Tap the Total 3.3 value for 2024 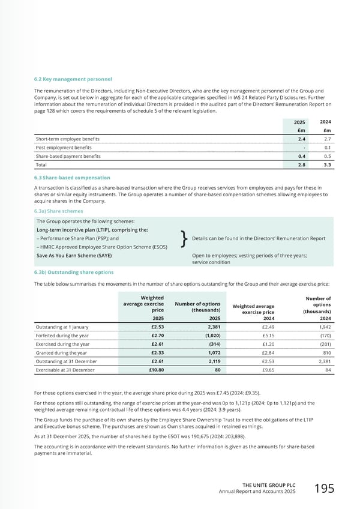(327, 164)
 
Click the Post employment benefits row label (64, 147)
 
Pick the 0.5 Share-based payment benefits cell (326, 156)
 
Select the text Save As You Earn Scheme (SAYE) (74, 255)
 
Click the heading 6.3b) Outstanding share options (74, 272)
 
